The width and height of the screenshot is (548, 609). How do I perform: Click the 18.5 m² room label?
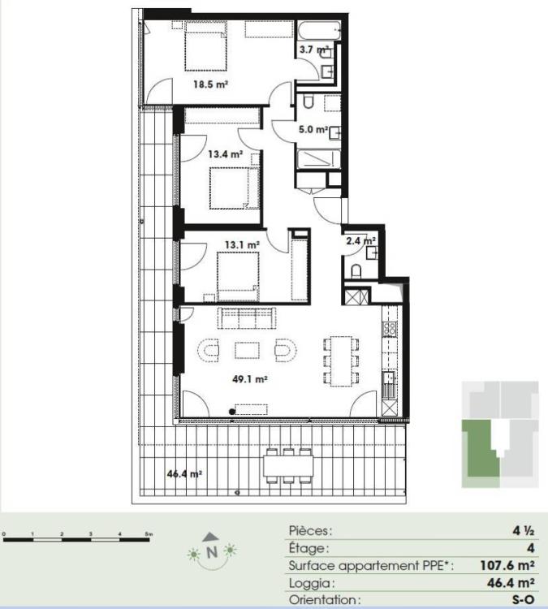(x=209, y=83)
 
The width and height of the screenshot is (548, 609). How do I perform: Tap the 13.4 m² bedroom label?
(x=225, y=153)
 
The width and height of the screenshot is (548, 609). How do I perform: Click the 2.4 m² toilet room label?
(x=359, y=240)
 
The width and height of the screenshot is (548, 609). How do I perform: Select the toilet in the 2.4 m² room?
(x=357, y=270)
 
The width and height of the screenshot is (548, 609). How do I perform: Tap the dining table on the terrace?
(x=288, y=465)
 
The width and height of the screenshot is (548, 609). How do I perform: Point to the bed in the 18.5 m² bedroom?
(x=205, y=47)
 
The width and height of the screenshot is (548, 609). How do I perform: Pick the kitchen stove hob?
(x=389, y=330)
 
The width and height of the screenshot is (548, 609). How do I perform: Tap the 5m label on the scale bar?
(x=148, y=533)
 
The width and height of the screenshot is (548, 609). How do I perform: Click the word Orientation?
(x=323, y=600)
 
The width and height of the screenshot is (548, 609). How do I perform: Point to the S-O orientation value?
(x=522, y=600)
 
